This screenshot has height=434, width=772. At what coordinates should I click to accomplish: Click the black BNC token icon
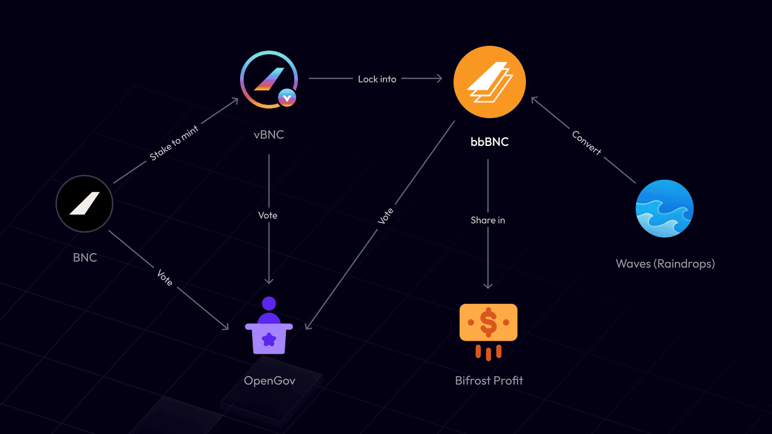(x=84, y=204)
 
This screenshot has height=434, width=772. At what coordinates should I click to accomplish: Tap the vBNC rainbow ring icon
(x=268, y=80)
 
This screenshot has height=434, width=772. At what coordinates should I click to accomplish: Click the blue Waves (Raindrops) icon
(x=665, y=209)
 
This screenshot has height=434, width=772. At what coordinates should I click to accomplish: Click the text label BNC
(x=85, y=258)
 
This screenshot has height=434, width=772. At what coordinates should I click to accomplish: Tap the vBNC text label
(x=268, y=134)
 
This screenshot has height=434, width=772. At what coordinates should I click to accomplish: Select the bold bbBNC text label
(x=489, y=142)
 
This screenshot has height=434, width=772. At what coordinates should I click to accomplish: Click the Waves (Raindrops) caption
(x=665, y=263)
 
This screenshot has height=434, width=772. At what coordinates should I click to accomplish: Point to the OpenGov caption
(x=270, y=380)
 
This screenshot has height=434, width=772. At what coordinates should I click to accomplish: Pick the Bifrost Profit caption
(x=489, y=380)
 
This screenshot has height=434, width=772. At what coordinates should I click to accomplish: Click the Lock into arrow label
(x=377, y=79)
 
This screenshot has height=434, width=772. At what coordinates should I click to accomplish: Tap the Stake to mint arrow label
(x=174, y=142)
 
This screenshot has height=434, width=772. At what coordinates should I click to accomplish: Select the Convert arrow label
(x=586, y=143)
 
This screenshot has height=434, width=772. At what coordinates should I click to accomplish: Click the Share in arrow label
(x=488, y=220)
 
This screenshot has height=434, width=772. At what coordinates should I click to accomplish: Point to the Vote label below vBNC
(x=268, y=215)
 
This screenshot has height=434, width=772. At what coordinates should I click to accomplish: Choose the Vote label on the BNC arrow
(x=165, y=277)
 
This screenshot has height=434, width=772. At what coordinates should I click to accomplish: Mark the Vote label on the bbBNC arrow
(x=385, y=216)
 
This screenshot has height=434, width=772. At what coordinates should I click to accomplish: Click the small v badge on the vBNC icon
(x=287, y=97)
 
